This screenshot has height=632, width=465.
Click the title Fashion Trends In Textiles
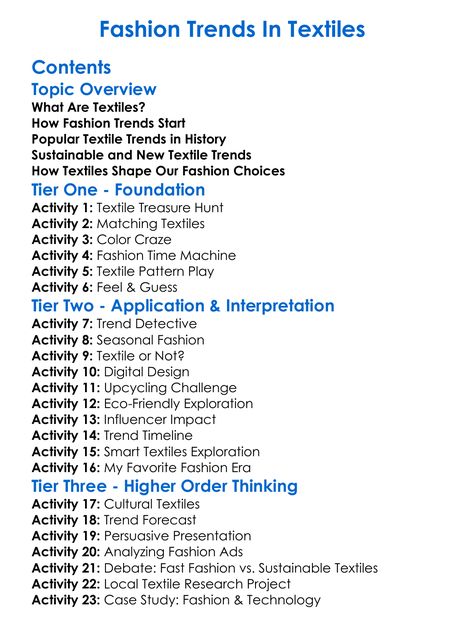(x=232, y=30)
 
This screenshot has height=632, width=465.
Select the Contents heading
(x=71, y=68)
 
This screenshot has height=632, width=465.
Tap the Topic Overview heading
(x=94, y=90)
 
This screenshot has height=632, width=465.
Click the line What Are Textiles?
(x=88, y=107)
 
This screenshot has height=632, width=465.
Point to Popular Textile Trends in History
(x=129, y=139)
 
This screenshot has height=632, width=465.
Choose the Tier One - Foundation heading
(x=118, y=190)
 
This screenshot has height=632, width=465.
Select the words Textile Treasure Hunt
(x=167, y=208)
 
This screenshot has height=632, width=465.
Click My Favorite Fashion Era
(x=189, y=468)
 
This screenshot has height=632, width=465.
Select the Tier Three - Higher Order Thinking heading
(x=165, y=486)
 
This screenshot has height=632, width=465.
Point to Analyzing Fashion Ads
(x=184, y=552)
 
